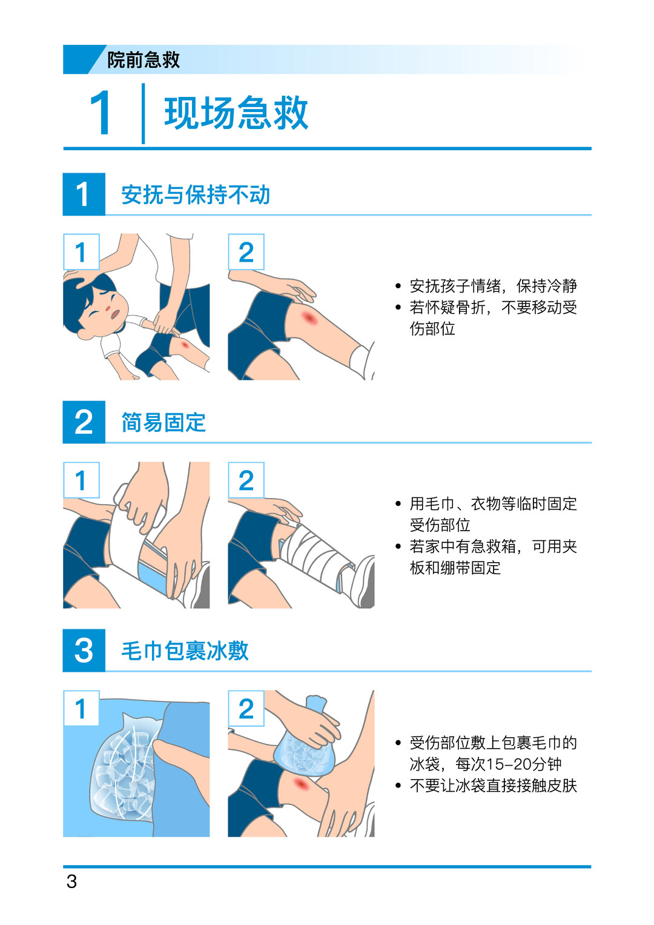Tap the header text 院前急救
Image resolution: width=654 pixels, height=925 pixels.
click(x=144, y=60)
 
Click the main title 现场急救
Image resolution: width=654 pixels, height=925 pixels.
click(x=236, y=113)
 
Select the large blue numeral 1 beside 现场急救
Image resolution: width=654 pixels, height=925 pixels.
click(x=100, y=113)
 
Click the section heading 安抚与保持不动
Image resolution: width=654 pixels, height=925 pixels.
click(x=195, y=194)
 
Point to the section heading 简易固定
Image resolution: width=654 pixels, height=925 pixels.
click(x=163, y=422)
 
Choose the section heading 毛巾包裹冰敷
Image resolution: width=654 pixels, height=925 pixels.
click(x=185, y=651)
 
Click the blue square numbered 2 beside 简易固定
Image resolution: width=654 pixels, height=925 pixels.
click(x=84, y=422)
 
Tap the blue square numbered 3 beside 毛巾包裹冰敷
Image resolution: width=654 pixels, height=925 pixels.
click(x=84, y=651)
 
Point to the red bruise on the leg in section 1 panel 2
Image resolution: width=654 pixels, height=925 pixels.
click(x=308, y=317)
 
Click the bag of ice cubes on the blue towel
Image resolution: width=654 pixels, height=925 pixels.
click(x=124, y=763)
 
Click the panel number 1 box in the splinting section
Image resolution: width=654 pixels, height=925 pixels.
click(x=81, y=480)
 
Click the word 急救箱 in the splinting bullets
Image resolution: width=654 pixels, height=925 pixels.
click(x=493, y=547)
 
